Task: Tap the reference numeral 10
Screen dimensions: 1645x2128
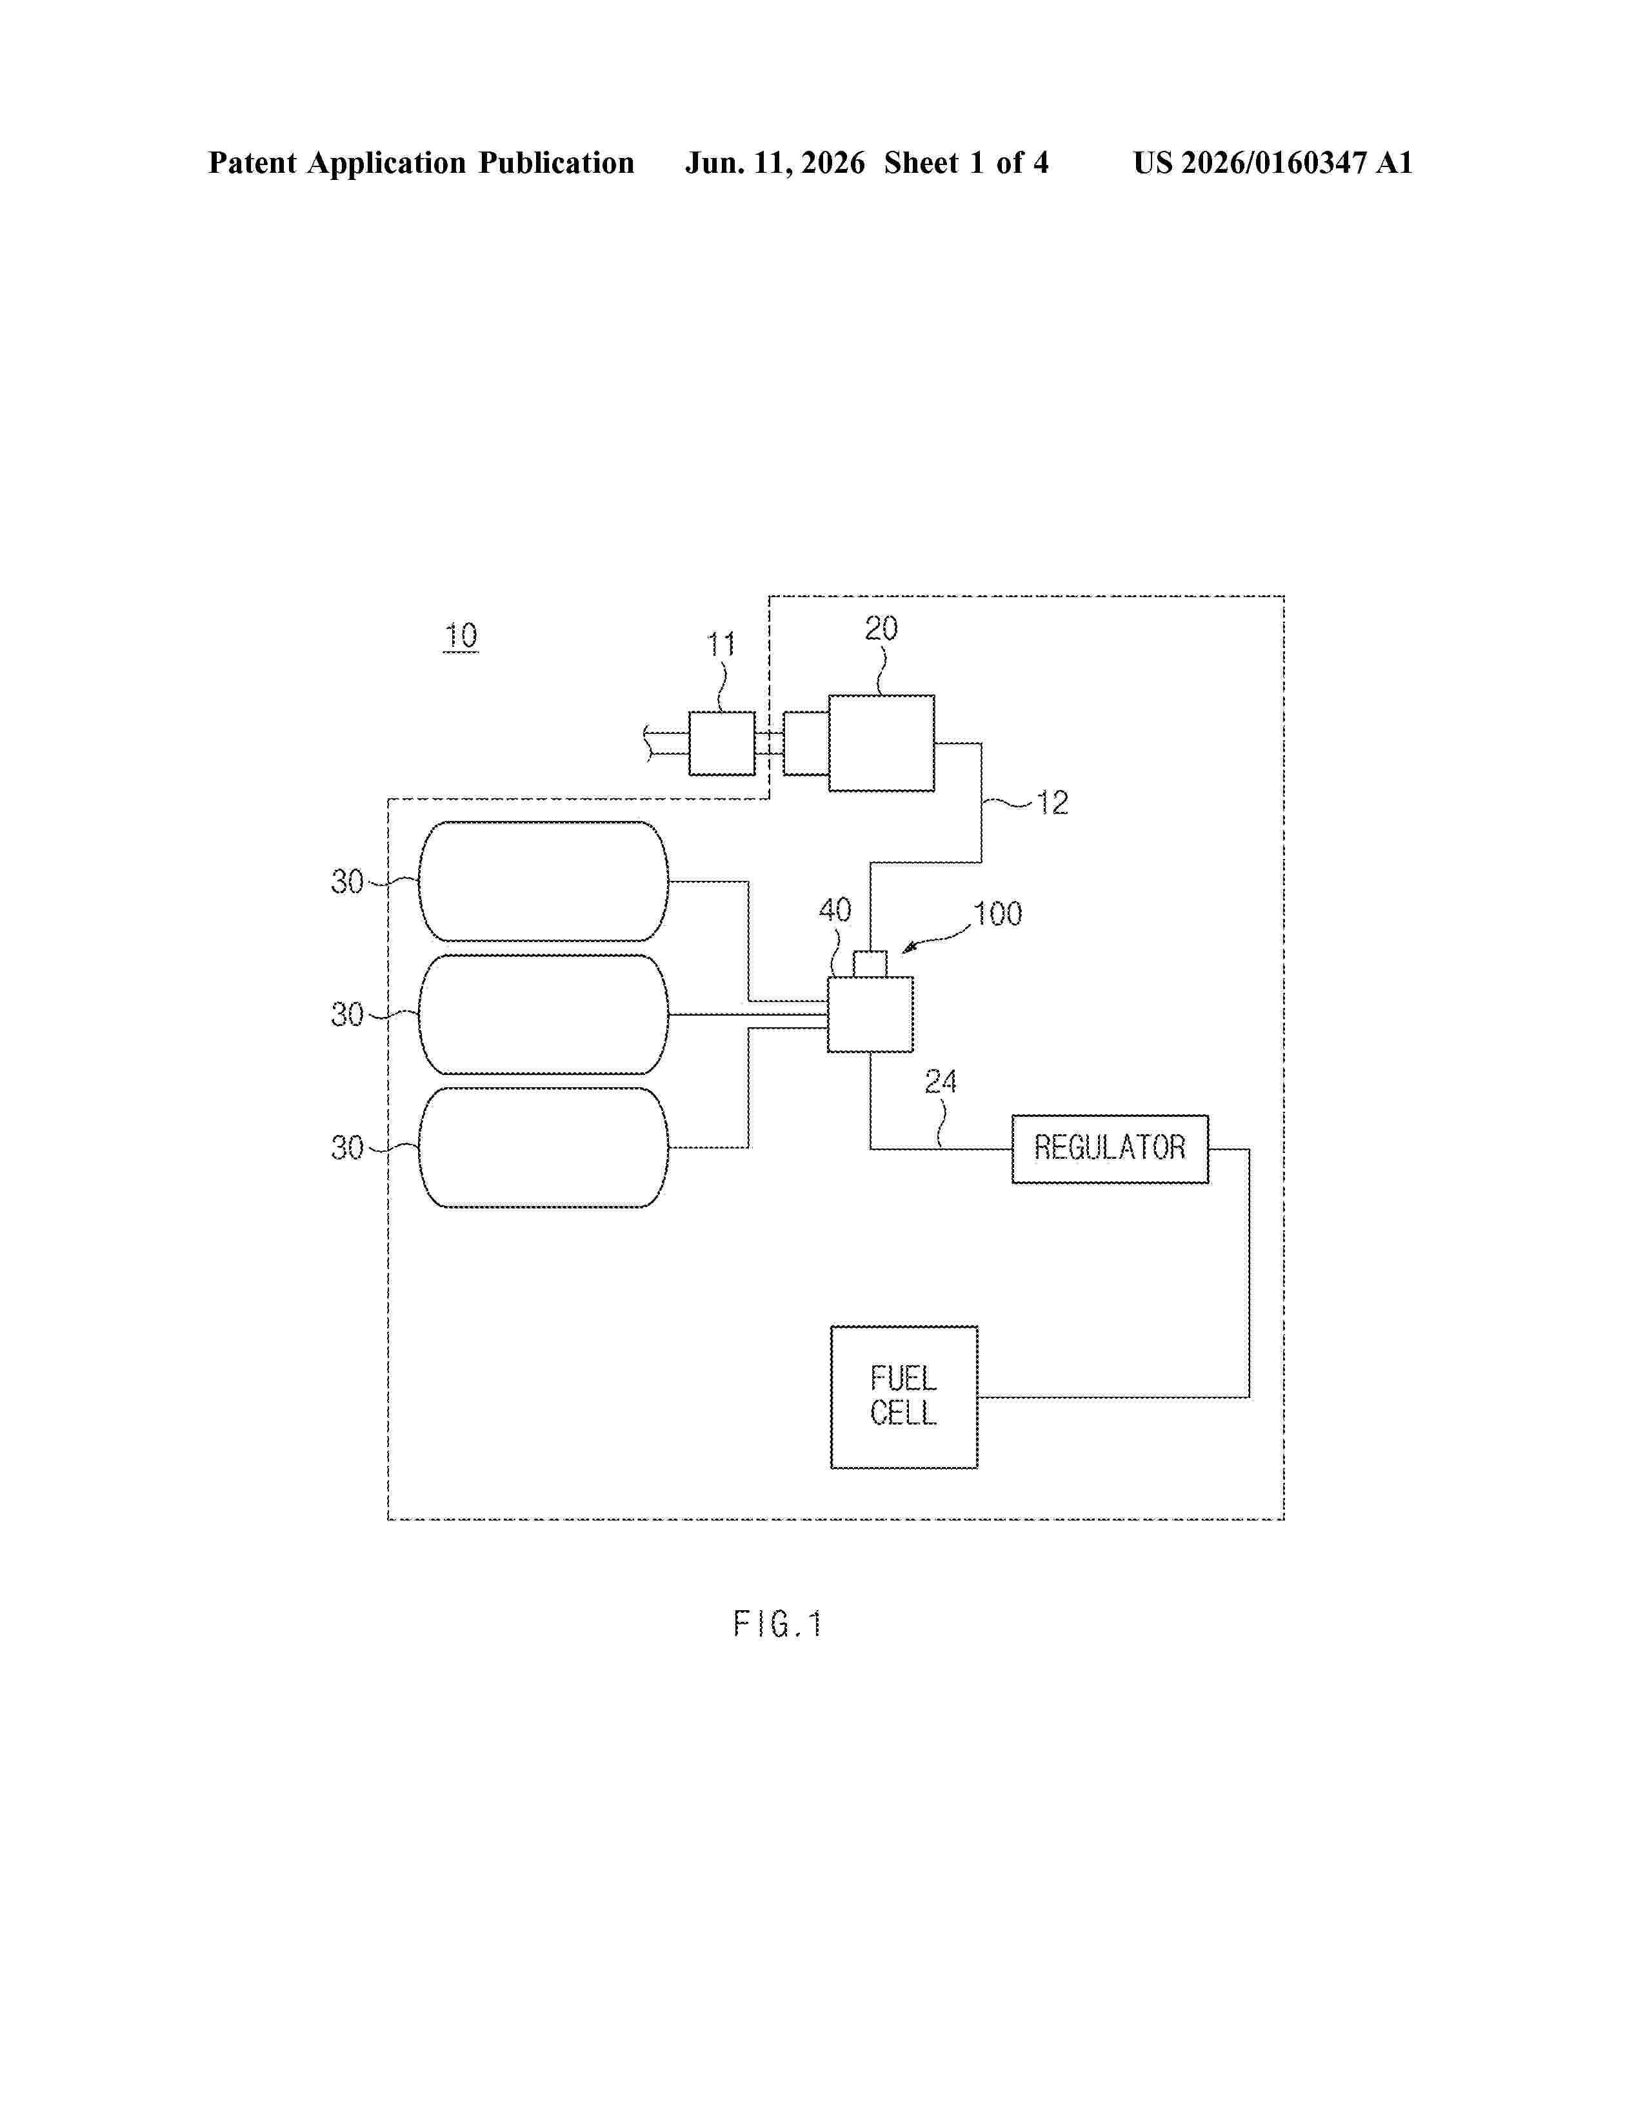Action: tap(461, 636)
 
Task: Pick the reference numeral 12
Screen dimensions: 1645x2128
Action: tap(1053, 803)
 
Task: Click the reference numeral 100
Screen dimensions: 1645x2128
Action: tap(998, 914)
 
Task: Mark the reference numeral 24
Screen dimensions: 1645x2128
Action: tap(941, 1081)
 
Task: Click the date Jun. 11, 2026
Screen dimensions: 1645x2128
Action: tap(775, 163)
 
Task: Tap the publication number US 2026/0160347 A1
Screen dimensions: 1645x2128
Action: tap(1273, 163)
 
